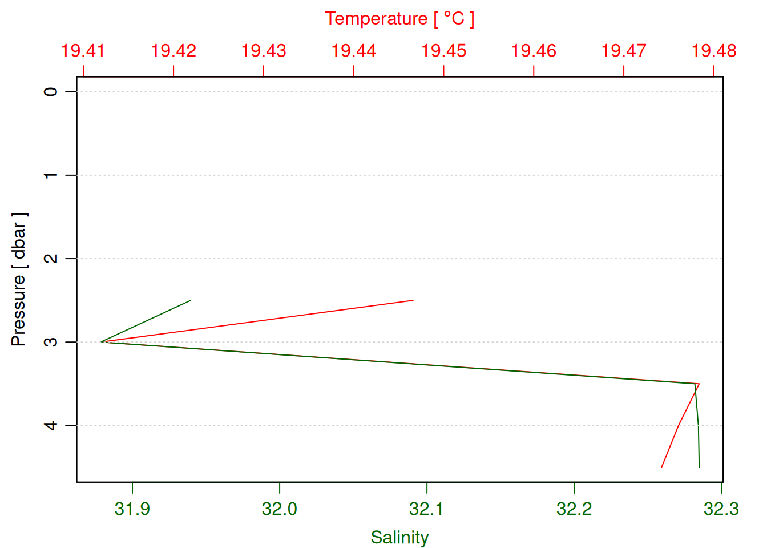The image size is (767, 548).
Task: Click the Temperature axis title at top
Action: click(x=399, y=19)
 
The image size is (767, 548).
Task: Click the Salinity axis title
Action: click(x=399, y=537)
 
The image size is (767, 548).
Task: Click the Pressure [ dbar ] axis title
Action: click(x=19, y=280)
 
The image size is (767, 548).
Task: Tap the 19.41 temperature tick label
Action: click(x=83, y=51)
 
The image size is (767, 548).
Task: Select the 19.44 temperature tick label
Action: click(x=354, y=51)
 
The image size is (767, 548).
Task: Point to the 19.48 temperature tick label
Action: click(x=714, y=51)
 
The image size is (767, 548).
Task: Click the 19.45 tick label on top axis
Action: click(x=443, y=51)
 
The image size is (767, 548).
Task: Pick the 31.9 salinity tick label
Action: click(x=132, y=508)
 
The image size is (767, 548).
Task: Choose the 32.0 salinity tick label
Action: click(x=280, y=508)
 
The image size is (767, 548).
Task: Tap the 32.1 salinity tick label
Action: click(x=427, y=508)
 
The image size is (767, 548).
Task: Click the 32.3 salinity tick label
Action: click(x=721, y=508)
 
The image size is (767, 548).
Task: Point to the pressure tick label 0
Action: click(x=51, y=91)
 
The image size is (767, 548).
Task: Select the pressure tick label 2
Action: click(x=51, y=259)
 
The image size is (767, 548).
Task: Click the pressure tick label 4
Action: click(x=51, y=425)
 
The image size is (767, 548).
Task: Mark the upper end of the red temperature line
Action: click(x=413, y=300)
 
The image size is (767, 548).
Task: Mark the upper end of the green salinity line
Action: click(x=191, y=300)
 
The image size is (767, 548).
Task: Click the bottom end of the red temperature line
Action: click(x=661, y=467)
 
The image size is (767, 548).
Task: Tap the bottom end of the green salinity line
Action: click(x=699, y=467)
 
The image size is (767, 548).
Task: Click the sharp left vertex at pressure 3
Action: click(x=102, y=342)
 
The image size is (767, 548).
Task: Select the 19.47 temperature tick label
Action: click(x=624, y=51)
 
